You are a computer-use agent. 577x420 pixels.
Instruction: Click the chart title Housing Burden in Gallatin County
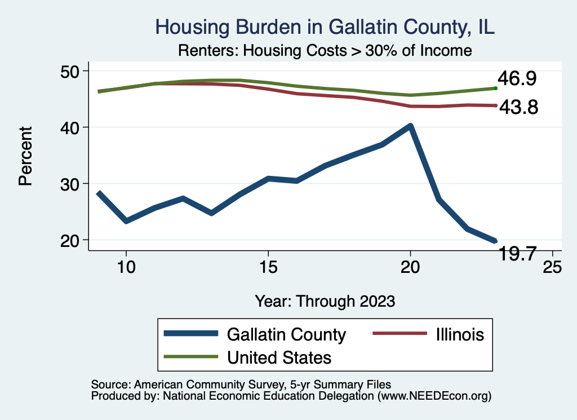point(325,27)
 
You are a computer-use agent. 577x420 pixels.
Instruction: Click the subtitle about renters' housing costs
point(325,50)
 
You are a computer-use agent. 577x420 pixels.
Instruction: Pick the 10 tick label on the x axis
point(126,266)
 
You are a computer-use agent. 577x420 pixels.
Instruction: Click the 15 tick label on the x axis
point(268,266)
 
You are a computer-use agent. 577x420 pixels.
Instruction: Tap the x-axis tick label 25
point(552,266)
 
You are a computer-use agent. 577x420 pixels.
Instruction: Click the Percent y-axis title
point(25,156)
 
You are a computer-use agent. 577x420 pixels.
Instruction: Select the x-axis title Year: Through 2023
point(325,300)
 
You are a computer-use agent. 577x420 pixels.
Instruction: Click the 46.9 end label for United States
point(516,79)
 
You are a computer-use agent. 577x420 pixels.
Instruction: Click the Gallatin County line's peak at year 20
point(410,126)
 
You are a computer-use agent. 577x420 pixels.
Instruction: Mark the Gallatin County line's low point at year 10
point(126,221)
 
